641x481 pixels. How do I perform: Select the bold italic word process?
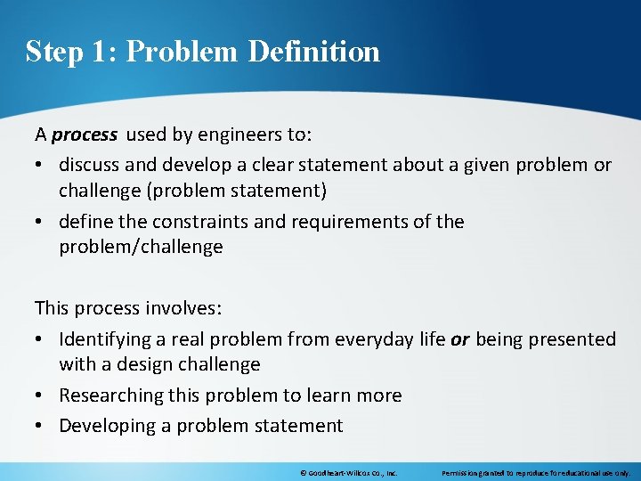coord(85,135)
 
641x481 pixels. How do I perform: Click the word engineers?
coord(233,135)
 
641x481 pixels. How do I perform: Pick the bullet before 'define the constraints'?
coord(41,222)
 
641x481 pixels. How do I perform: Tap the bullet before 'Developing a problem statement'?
coord(41,426)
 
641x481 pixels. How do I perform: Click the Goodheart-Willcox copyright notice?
coord(348,473)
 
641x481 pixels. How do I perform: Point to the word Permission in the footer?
coord(461,473)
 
